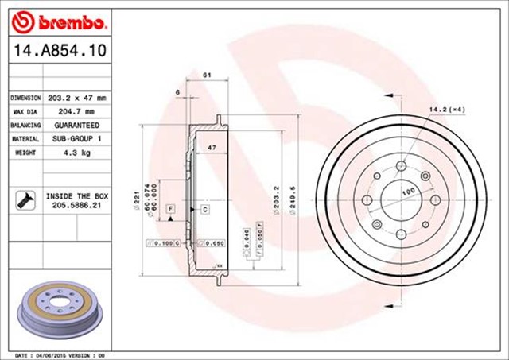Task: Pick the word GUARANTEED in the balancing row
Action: tap(78, 126)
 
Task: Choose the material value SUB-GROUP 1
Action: tap(78, 140)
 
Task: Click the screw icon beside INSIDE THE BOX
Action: tap(23, 200)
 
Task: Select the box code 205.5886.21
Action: tap(77, 205)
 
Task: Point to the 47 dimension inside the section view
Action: tap(212, 149)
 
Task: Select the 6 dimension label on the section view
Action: tap(178, 92)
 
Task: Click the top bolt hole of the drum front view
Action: tap(402, 166)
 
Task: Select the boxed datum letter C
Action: tap(204, 208)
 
